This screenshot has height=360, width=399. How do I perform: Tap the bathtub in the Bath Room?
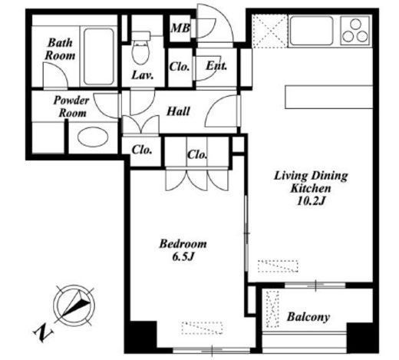99,56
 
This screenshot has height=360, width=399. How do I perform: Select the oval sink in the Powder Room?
93,137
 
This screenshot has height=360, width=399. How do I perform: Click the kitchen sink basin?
312,31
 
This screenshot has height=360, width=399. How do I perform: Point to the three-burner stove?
355,31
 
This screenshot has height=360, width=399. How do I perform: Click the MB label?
181,28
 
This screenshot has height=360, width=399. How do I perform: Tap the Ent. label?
216,66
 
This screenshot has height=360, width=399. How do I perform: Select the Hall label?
178,111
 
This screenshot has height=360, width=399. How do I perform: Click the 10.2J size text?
311,201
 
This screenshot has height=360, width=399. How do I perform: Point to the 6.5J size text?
183,256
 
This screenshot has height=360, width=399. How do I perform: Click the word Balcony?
308,317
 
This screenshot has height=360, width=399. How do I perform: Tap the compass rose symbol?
74,306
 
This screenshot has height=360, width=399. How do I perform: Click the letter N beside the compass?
43,332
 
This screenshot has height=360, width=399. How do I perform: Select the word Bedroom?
183,244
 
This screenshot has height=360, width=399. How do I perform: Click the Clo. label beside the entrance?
180,67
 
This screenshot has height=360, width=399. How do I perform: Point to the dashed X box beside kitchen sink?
270,31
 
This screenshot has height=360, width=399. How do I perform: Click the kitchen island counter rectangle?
328,97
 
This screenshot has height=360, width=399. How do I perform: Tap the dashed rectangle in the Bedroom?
202,328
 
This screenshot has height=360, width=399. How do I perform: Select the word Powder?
71,101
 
